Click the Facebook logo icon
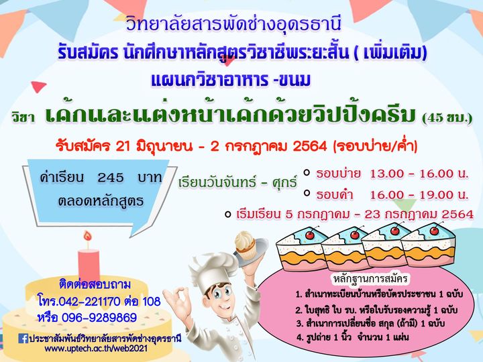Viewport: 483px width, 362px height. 23,339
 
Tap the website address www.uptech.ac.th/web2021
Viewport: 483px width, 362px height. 96,349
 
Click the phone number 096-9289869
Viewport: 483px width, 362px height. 99,317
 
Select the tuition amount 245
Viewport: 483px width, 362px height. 111,178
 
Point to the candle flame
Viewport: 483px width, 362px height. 88,236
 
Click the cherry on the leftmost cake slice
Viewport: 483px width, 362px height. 310,235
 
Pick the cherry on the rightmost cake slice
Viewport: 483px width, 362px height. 434,230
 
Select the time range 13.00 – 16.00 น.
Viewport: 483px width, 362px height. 419,174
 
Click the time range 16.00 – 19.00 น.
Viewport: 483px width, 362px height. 419,195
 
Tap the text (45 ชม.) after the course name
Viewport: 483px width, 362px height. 447,118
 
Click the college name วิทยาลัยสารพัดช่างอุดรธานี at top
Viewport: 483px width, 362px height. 234,23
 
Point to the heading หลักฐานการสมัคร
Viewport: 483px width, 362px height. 370,279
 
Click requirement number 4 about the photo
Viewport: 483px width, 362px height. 353,337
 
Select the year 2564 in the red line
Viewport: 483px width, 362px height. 310,146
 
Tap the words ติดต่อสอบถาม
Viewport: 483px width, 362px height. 95,284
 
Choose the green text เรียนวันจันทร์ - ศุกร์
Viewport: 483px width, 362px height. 237,182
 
